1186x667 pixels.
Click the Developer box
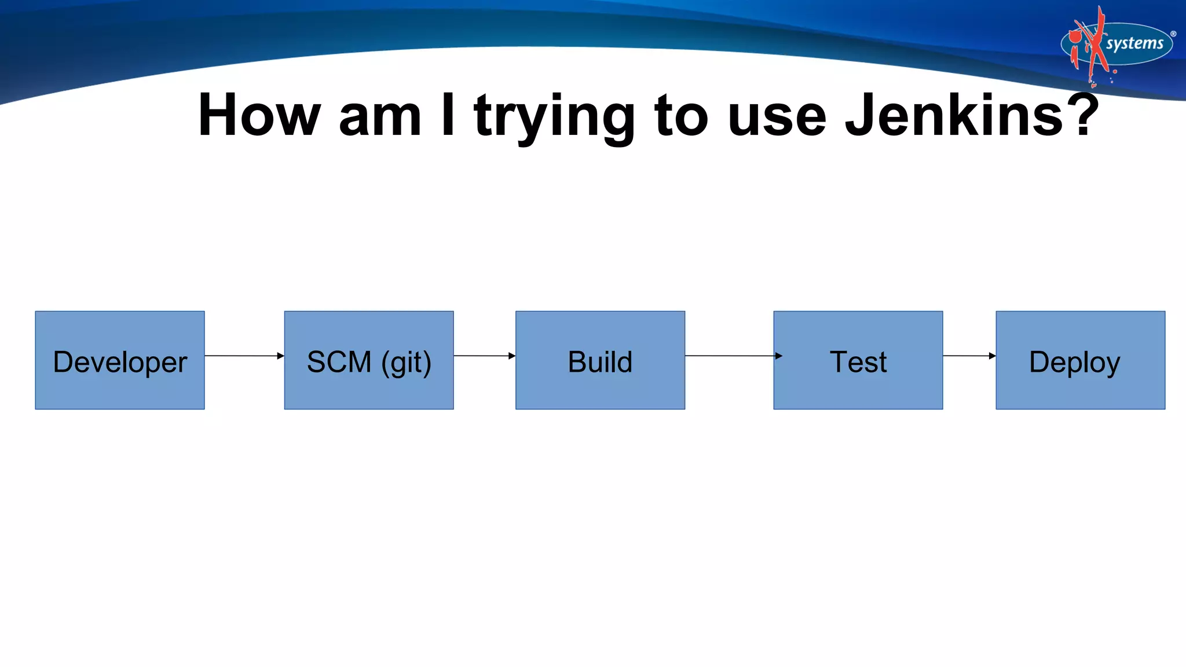[x=120, y=360]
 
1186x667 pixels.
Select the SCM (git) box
[x=369, y=360]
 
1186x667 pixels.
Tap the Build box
[x=600, y=360]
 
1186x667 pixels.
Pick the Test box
[x=858, y=360]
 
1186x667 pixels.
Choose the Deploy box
[x=1080, y=360]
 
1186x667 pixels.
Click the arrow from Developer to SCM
[x=244, y=356]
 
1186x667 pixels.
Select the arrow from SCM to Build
[x=484, y=356]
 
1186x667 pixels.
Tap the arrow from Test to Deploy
[x=969, y=356]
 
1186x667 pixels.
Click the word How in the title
[x=259, y=116]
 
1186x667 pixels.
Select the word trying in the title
[x=555, y=119]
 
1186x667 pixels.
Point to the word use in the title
[x=777, y=119]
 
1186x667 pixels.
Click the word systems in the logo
[x=1134, y=43]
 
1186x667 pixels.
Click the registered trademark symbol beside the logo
[x=1173, y=34]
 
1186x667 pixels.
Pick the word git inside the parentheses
[x=406, y=364]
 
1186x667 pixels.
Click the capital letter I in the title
[x=448, y=116]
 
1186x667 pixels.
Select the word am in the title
[x=380, y=119]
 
